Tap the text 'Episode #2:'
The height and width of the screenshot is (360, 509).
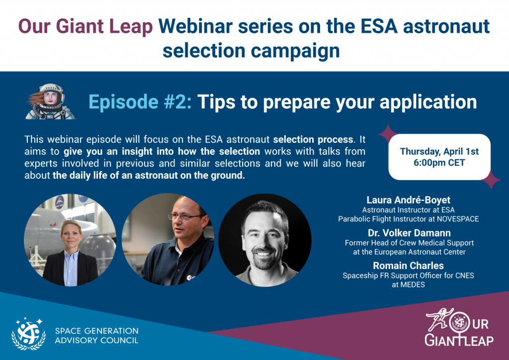(140, 102)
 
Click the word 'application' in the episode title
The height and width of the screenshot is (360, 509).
(428, 102)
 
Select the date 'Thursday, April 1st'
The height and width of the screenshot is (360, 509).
(439, 152)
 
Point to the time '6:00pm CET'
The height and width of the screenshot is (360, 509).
(439, 163)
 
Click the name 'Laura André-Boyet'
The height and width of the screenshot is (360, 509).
(409, 200)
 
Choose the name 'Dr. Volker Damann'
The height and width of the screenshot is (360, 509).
(409, 233)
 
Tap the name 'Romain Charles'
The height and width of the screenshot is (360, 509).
(409, 266)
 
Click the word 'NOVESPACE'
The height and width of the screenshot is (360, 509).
(458, 219)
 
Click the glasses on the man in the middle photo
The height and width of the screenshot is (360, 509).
(183, 216)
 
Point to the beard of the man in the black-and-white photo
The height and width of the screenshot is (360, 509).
(263, 259)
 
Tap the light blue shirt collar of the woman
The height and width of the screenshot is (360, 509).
(71, 257)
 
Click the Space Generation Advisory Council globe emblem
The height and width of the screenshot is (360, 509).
(28, 334)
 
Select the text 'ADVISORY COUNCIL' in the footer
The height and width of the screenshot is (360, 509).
(96, 341)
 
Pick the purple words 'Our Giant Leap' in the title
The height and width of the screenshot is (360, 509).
(85, 27)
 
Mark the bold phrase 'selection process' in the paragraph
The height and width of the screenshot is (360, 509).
(313, 140)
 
